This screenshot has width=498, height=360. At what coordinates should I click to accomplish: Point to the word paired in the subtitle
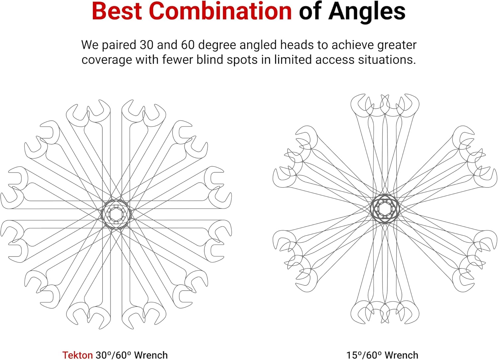click(x=118, y=45)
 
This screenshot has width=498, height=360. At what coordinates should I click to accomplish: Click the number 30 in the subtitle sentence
click(x=146, y=45)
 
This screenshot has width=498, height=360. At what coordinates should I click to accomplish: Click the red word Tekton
click(x=77, y=355)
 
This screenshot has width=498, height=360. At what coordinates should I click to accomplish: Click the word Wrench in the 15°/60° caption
click(x=401, y=355)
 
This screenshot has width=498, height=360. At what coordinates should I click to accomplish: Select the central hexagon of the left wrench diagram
click(x=116, y=214)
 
